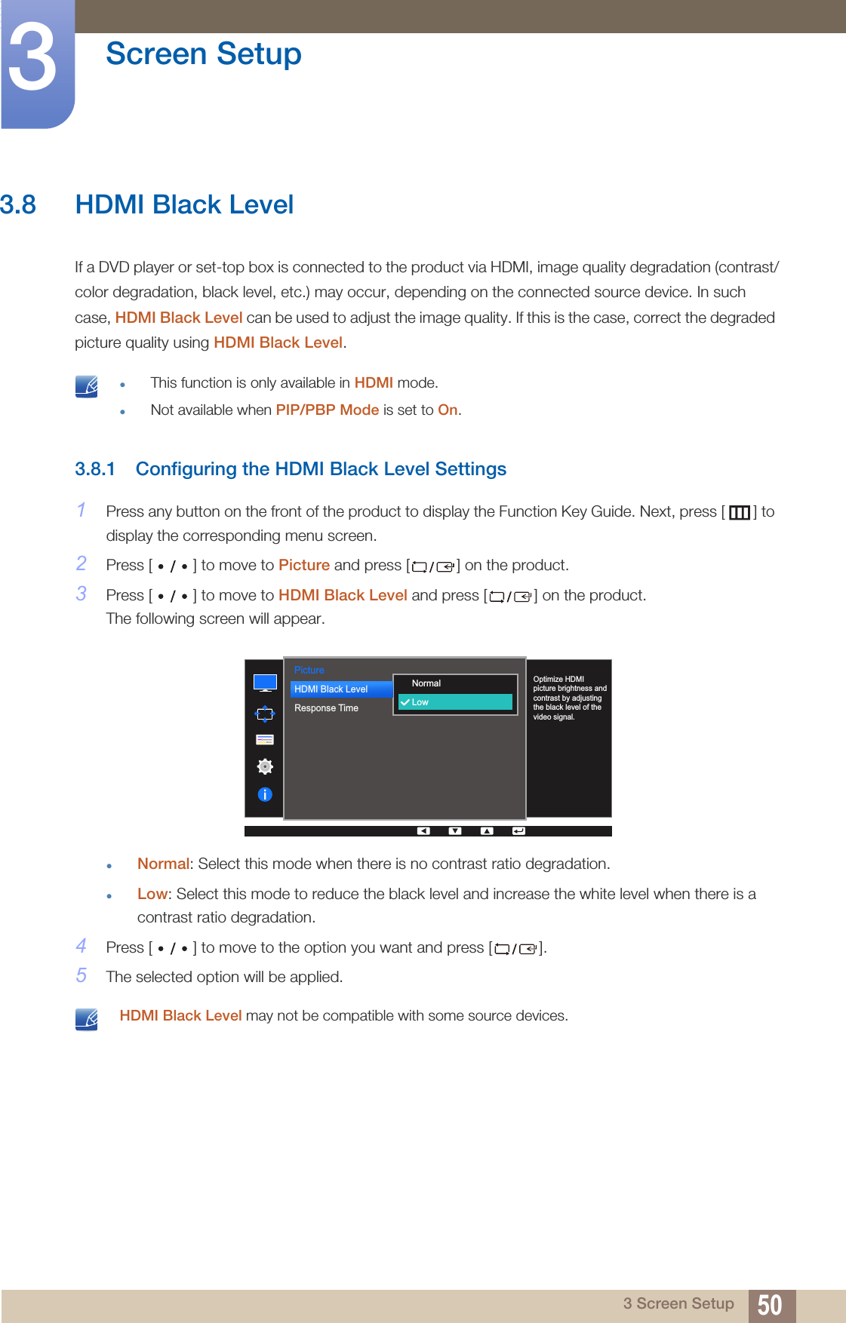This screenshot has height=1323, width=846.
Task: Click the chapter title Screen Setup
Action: pos(203,54)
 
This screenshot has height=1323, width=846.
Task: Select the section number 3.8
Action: pos(18,204)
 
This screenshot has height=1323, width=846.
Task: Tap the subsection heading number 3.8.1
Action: pos(95,469)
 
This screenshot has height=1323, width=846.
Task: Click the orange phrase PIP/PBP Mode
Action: pos(327,410)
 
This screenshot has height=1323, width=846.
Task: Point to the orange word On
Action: pos(448,410)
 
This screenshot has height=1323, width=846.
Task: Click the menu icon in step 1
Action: pos(739,513)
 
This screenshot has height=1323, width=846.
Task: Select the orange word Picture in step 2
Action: pos(303,565)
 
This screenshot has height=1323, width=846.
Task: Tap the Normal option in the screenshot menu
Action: pos(426,683)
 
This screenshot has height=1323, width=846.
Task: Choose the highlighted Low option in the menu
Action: pos(455,702)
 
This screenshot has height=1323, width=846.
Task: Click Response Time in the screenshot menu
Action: pos(326,708)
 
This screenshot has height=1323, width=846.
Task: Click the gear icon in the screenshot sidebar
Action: pos(265,766)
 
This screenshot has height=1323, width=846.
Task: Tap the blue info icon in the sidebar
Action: pos(265,794)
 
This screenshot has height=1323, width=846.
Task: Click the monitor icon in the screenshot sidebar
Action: pos(265,683)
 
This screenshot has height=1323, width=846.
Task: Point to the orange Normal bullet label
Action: pos(163,864)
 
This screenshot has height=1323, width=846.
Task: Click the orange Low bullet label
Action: pos(152,894)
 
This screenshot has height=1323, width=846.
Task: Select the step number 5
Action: pos(82,975)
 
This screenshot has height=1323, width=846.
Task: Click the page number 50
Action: pos(769,1305)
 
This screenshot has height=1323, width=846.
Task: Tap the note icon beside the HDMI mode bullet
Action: pos(87,386)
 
